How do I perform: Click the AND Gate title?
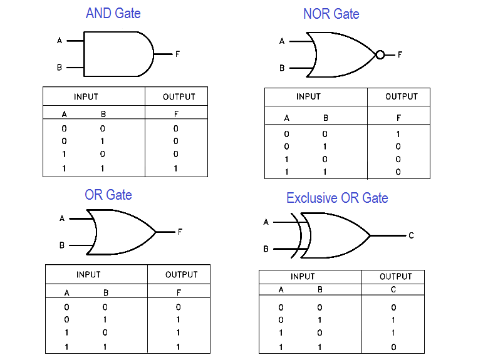pyautogui.click(x=113, y=13)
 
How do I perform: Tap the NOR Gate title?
pyautogui.click(x=331, y=14)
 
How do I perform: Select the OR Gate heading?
pyautogui.click(x=108, y=195)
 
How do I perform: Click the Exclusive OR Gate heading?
pyautogui.click(x=337, y=198)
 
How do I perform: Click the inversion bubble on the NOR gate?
pyautogui.click(x=380, y=55)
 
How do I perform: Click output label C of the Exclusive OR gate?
pyautogui.click(x=411, y=235)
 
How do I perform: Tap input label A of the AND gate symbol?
pyautogui.click(x=60, y=41)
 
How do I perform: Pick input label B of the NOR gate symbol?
pyautogui.click(x=282, y=68)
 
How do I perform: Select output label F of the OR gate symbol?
pyautogui.click(x=180, y=232)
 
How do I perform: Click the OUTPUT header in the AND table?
pyautogui.click(x=179, y=96)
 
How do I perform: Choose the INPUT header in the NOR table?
pyautogui.click(x=308, y=96)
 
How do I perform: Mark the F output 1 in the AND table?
pyautogui.click(x=176, y=168)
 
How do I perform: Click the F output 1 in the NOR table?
pyautogui.click(x=398, y=134)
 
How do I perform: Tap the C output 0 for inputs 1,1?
pyautogui.click(x=393, y=347)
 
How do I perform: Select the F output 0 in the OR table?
pyautogui.click(x=179, y=307)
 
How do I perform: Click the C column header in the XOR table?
pyautogui.click(x=393, y=290)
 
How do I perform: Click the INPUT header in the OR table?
pyautogui.click(x=88, y=274)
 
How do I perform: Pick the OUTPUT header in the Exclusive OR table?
pyautogui.click(x=396, y=276)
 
